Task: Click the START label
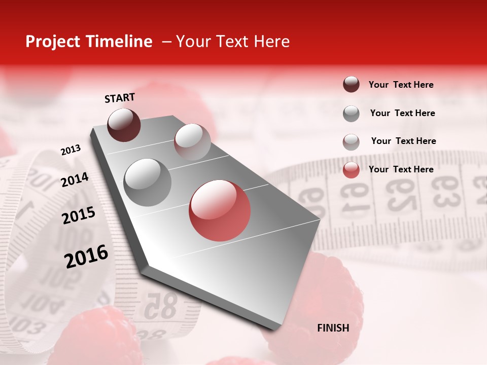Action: tap(120, 98)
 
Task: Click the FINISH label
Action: tap(333, 328)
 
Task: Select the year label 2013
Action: tap(71, 150)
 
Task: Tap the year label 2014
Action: tap(75, 179)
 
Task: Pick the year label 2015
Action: tap(79, 215)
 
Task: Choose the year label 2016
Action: tap(86, 256)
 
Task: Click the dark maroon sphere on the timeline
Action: tap(124, 125)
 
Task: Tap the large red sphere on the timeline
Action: tap(220, 210)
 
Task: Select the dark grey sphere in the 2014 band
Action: tap(148, 182)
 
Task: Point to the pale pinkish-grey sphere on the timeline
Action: tap(192, 142)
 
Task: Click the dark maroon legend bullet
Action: tap(351, 85)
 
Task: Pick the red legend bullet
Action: tap(351, 170)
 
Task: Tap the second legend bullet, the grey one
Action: tap(351, 114)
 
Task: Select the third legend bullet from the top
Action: tap(351, 142)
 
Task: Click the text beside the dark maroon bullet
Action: tap(401, 85)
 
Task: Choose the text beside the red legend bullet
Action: tap(401, 169)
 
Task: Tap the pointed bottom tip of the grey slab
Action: tap(274, 330)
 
